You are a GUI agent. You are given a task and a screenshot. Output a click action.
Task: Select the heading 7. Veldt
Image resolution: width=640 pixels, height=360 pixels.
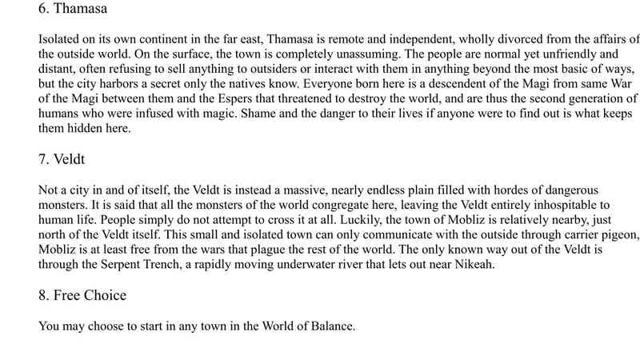64,160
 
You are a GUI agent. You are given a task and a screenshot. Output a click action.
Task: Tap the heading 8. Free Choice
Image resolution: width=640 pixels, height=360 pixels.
82,295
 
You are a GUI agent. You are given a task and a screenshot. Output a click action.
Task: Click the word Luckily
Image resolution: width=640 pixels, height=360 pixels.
337,220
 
